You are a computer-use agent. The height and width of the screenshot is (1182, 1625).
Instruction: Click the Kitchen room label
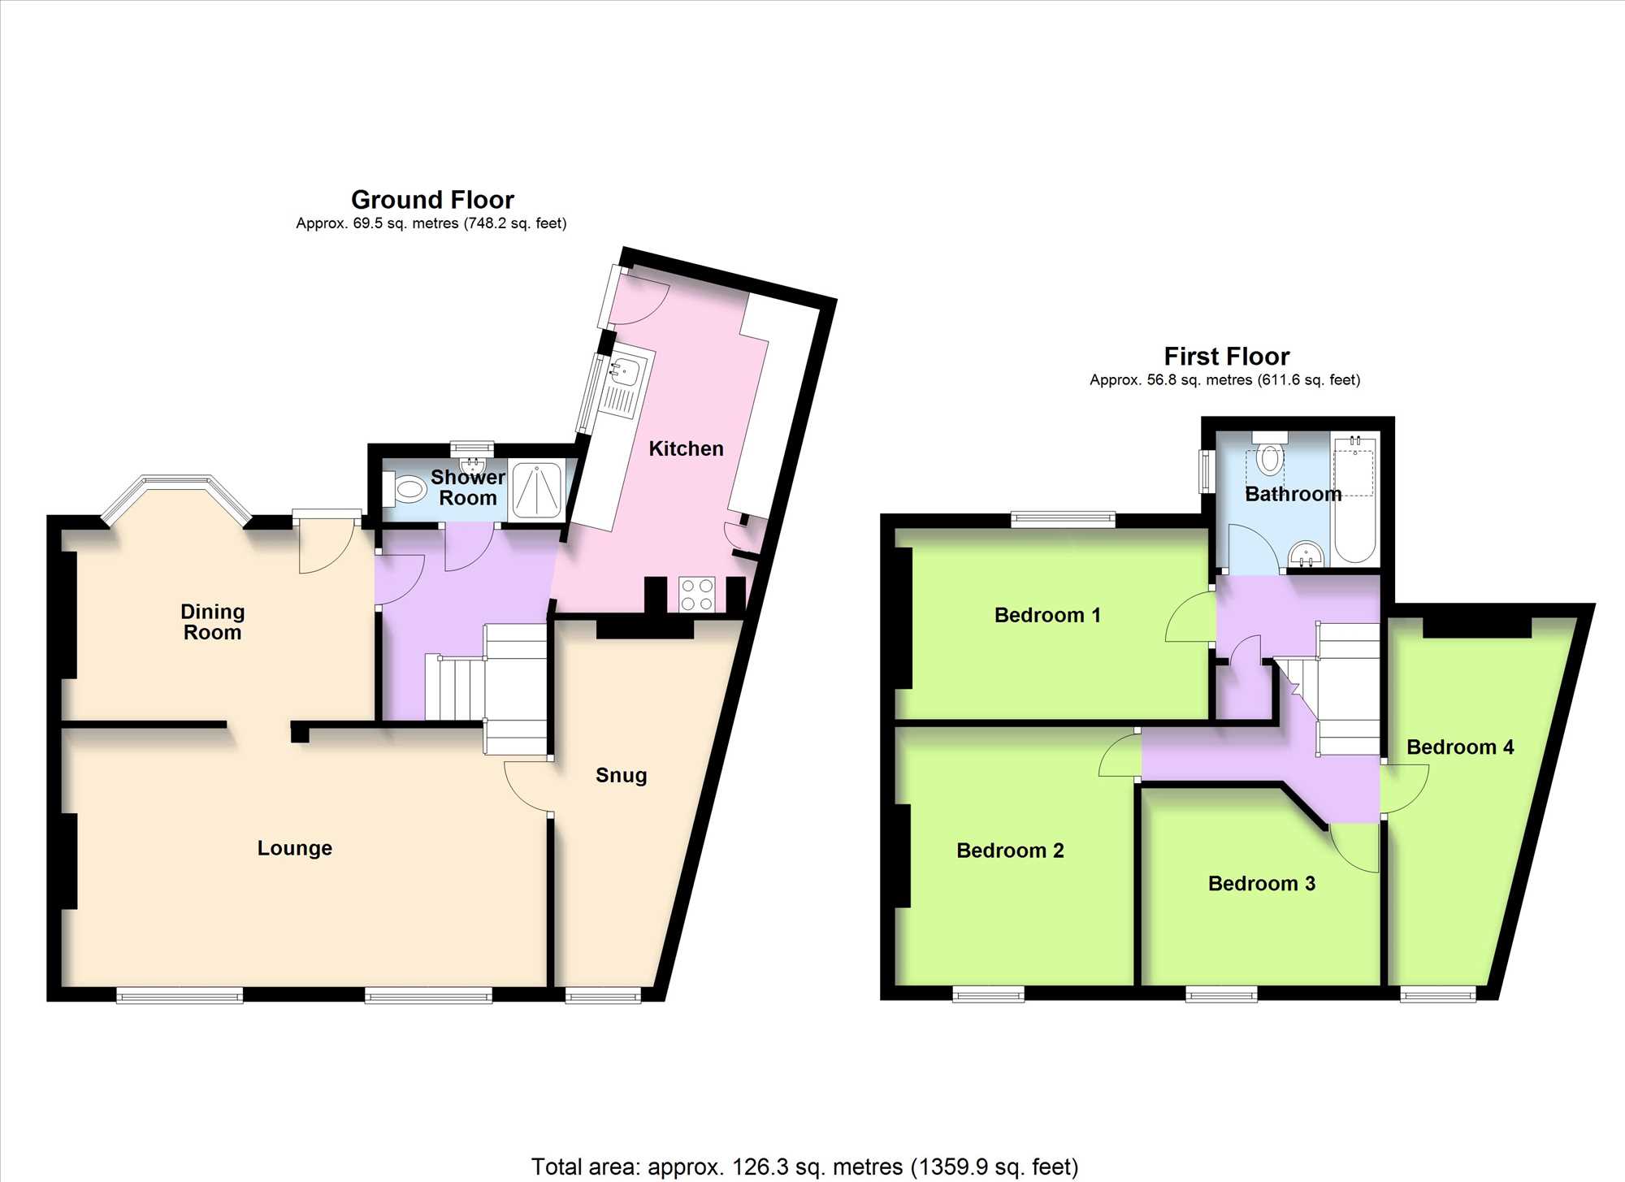coord(686,448)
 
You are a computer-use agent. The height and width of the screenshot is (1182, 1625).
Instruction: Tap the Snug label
coord(622,776)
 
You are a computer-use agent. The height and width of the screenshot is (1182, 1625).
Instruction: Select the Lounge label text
coord(295,848)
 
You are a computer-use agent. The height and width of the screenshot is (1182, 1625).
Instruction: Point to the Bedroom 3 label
coord(1262,883)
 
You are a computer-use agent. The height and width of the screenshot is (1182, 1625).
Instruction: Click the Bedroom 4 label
coord(1460,747)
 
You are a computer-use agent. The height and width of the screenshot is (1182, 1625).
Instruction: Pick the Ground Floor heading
coord(432,199)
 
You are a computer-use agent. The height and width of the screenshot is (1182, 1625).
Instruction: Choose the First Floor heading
coord(1227,356)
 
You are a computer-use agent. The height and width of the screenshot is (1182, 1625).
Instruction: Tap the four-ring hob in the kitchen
coord(697,594)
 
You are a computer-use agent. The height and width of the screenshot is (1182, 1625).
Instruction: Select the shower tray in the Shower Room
coord(536,490)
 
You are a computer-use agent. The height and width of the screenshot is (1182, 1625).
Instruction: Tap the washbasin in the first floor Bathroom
coord(1306,554)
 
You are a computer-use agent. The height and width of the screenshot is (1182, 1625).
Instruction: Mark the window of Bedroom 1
coord(1063,520)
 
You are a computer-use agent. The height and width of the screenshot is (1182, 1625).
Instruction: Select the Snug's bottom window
coord(603,995)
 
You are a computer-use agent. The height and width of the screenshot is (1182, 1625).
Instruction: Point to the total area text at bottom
coord(804,1167)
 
